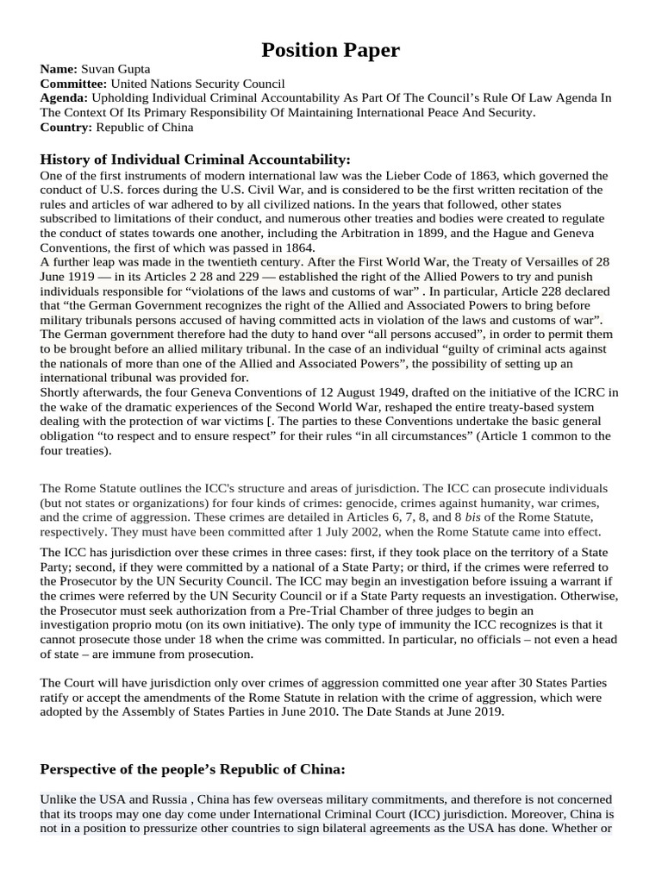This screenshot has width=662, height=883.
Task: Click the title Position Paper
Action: point(331,50)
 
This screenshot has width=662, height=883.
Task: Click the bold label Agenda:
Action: point(65,98)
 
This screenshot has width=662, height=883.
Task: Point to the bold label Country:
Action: point(66,127)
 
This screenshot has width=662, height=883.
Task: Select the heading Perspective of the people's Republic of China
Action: point(192,769)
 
